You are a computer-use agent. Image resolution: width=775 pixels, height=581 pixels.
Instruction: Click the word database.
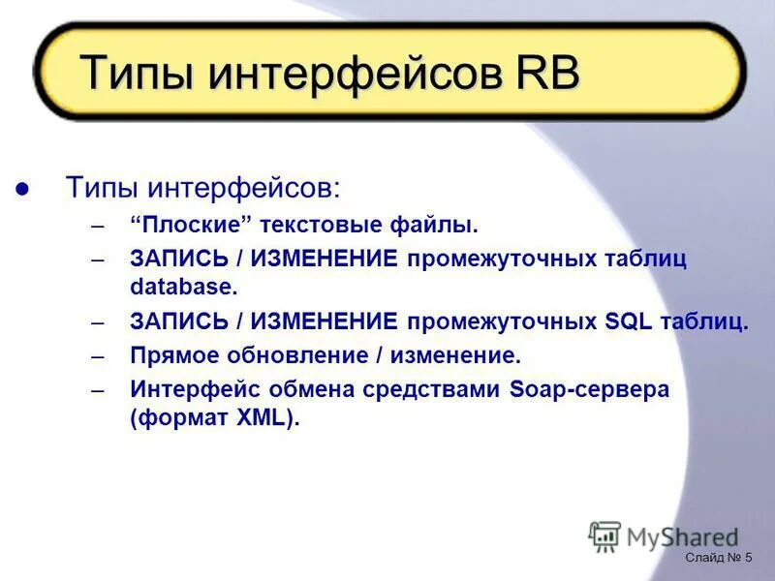click(x=183, y=287)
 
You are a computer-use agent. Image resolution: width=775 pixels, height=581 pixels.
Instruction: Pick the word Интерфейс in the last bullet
click(x=192, y=390)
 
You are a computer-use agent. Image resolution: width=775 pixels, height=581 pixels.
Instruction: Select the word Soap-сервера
click(x=586, y=390)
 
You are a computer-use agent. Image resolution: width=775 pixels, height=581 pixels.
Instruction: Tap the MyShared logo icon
click(x=604, y=536)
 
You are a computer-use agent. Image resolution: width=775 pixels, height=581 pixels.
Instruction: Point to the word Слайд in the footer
click(x=704, y=559)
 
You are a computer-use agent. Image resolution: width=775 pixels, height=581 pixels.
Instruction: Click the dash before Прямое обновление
click(x=98, y=356)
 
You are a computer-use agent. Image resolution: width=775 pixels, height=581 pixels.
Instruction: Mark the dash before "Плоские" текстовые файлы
click(x=98, y=227)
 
